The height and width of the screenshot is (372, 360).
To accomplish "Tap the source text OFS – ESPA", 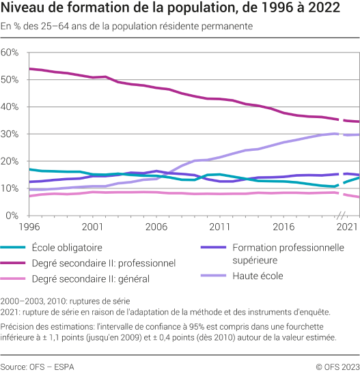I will coord(37,365).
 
